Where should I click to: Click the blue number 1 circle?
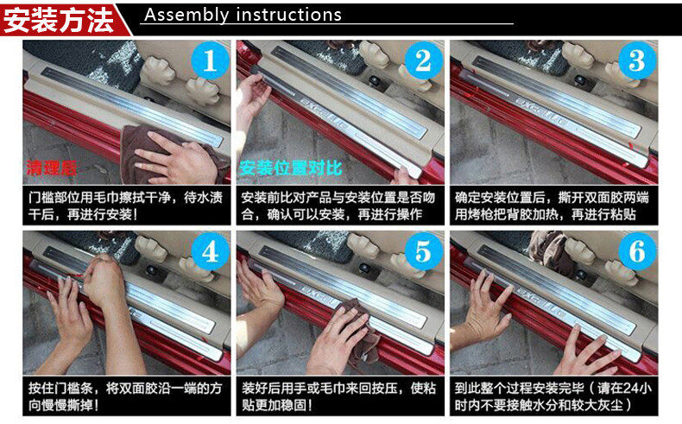pos(210,60)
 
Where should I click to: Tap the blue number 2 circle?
pos(423,60)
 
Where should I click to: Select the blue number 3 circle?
pos(637,60)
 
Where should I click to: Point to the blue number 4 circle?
pos(210,251)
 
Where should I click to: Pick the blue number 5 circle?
pos(423,251)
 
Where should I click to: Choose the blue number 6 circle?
pos(637,251)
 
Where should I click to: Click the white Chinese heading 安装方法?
pos(59,20)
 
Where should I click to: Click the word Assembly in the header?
pos(186,16)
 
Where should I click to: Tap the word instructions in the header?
pos(289,15)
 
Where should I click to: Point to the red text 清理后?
pos(51,168)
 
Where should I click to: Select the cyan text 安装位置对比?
pos(291,168)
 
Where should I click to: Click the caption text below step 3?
pos(552,206)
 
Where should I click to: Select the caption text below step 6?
pos(553,396)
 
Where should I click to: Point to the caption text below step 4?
pos(125,396)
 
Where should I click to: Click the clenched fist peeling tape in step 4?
pos(101,278)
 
